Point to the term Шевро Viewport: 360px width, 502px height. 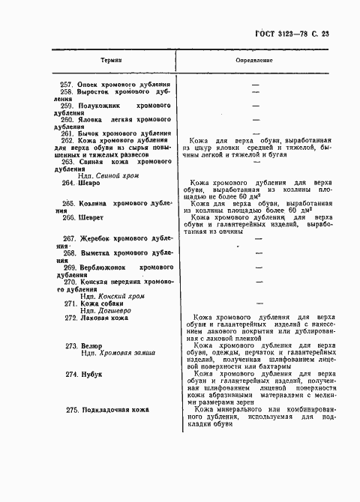click(x=91, y=183)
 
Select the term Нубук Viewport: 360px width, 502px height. click(x=93, y=373)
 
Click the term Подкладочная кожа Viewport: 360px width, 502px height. click(x=115, y=409)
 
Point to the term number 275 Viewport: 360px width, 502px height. click(x=73, y=409)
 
